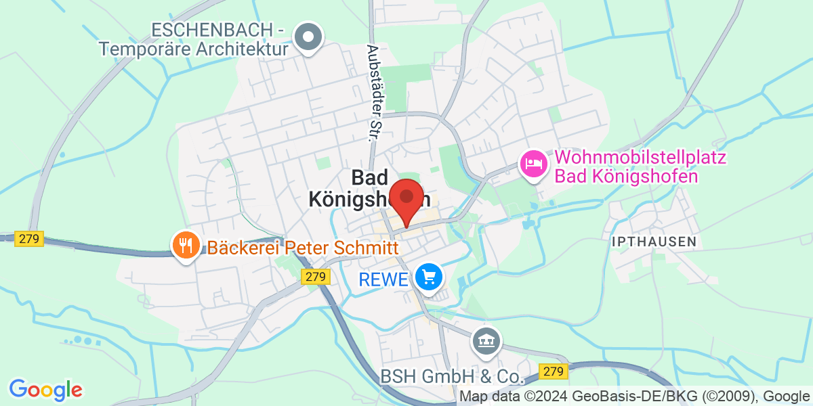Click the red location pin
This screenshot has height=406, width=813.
pos(406,198)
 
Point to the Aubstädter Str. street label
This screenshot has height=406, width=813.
pos(371,93)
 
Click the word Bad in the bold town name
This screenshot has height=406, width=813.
pos(371,178)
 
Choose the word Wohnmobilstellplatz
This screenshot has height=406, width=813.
pos(640,159)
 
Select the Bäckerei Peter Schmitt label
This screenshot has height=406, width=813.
pos(303,248)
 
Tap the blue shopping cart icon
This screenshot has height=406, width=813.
pos(428,277)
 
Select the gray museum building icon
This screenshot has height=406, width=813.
pos(486,339)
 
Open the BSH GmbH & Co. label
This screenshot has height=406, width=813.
pos(452,377)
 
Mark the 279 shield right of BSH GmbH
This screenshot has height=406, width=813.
pos(553,371)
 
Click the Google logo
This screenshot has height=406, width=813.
pos(45,390)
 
